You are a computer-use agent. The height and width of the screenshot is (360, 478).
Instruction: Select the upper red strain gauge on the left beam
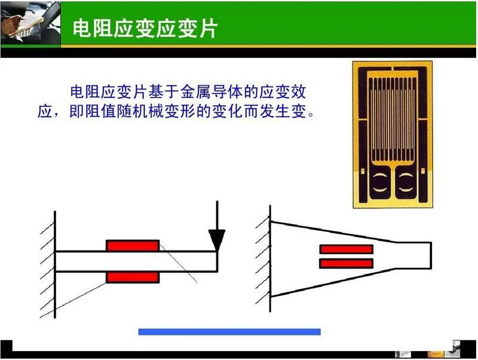pyautogui.click(x=133, y=246)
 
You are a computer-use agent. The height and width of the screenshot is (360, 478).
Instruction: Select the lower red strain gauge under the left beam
pyautogui.click(x=133, y=277)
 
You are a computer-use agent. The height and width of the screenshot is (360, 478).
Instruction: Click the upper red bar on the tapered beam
pyautogui.click(x=346, y=249)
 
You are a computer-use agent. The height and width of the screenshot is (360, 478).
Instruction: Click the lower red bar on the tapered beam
pyautogui.click(x=346, y=263)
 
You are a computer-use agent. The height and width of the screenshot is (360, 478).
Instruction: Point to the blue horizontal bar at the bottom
pyautogui.click(x=229, y=332)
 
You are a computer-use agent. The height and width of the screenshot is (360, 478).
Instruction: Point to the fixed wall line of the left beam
pyautogui.click(x=55, y=263)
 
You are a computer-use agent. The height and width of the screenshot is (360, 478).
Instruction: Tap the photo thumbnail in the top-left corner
pyautogui.click(x=30, y=23)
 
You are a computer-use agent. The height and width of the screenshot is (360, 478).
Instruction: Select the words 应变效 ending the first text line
pyautogui.click(x=292, y=93)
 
